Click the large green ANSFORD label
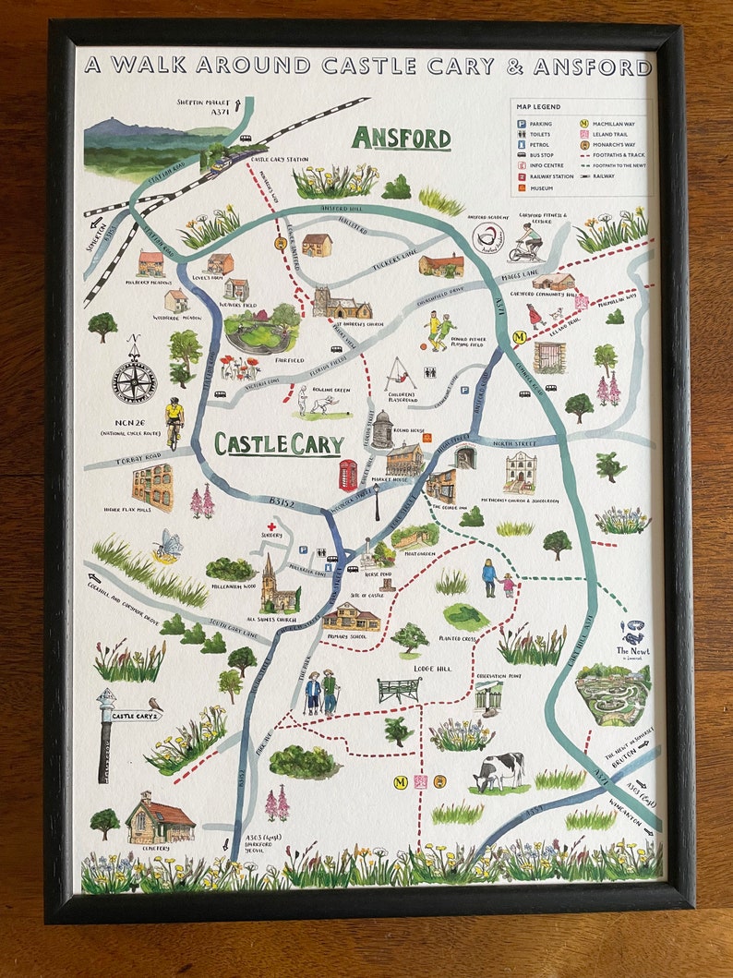(x=401, y=139)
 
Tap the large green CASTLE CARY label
(x=279, y=444)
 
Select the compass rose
(x=135, y=378)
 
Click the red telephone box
(x=348, y=475)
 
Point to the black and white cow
(x=499, y=771)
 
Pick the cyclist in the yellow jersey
(x=174, y=421)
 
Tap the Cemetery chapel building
(x=159, y=818)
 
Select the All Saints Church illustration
(x=276, y=586)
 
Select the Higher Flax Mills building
(x=152, y=487)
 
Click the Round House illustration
(x=382, y=429)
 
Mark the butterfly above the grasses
(x=168, y=545)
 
